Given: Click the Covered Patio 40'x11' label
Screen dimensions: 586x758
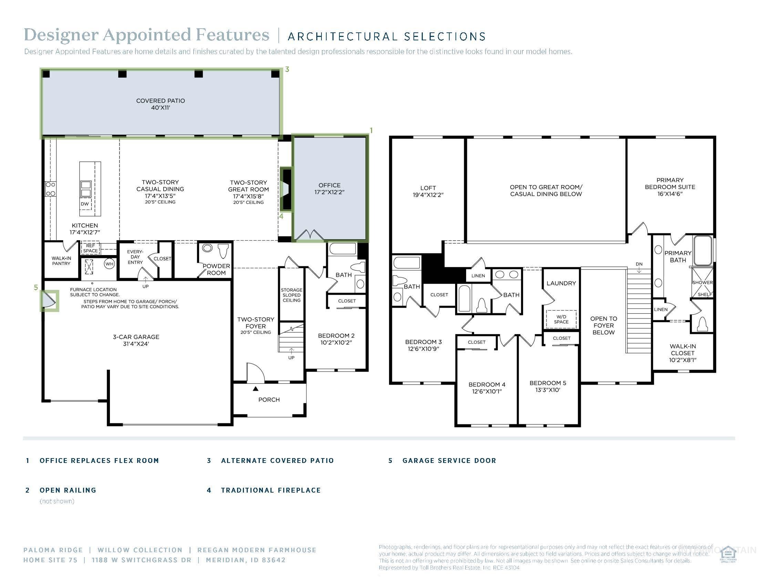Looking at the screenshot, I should [160, 104].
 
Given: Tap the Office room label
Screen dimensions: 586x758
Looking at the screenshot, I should [329, 189].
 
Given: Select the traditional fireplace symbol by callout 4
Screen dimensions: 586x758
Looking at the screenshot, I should [286, 190].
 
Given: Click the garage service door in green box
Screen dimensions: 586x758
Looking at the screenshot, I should [49, 300].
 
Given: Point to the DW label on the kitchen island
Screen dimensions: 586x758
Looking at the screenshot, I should [85, 204].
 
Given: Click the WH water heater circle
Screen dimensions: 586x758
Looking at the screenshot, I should [109, 264].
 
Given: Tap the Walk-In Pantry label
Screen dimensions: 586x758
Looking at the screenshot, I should [61, 261].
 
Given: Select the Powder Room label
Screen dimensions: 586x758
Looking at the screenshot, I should [216, 270].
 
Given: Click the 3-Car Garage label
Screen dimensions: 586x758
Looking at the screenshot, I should [136, 340].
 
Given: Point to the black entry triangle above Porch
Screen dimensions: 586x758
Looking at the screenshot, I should [255, 389].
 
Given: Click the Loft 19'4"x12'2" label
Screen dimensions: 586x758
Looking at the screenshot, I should [428, 191].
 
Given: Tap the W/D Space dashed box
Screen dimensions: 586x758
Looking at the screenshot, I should [561, 319].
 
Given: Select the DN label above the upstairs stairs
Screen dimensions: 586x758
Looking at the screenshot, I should [639, 264].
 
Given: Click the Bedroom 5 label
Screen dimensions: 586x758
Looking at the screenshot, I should [548, 386].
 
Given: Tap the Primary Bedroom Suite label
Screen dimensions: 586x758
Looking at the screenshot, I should [670, 187].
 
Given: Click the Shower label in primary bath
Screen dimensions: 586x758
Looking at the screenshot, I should [702, 282].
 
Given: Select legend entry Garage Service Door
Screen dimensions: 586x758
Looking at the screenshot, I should [449, 461].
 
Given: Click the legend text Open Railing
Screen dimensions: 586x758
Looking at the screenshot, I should [68, 490].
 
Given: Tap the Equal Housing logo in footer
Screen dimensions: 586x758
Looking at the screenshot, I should [728, 554].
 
